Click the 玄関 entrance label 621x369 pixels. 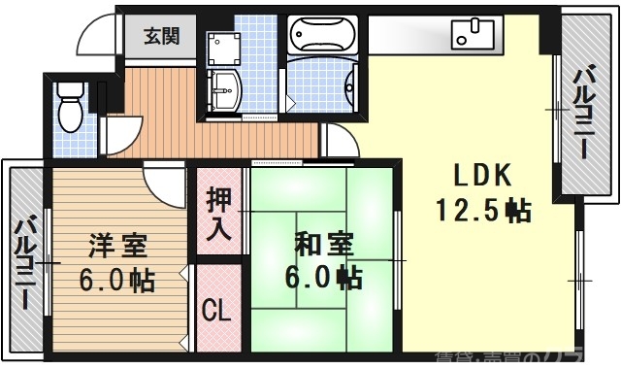click(162, 37)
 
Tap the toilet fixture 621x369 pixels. click(69, 106)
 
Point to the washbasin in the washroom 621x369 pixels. click(228, 88)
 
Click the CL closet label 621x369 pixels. click(216, 313)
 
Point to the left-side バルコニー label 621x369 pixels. click(25, 262)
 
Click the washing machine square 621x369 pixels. click(224, 48)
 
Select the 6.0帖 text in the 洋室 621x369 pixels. click(116, 281)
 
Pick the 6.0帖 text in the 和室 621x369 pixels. click(324, 278)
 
